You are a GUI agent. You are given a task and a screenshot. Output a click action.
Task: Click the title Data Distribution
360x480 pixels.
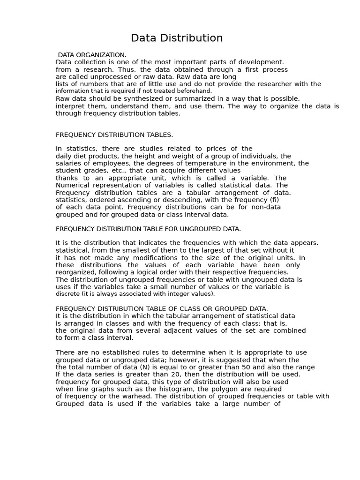177,38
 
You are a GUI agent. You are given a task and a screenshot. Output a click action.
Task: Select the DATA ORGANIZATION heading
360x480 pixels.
92,55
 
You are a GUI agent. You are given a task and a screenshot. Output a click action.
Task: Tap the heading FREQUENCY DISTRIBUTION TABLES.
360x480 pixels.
114,135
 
